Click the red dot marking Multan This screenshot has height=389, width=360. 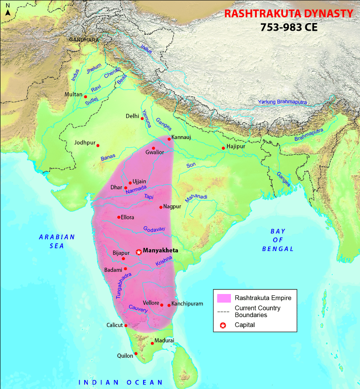(x=85, y=96)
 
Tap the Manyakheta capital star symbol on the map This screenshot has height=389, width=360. (x=139, y=252)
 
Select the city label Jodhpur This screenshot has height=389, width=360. (x=85, y=142)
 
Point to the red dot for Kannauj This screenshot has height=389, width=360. (x=169, y=138)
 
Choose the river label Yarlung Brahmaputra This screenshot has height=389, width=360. (x=282, y=102)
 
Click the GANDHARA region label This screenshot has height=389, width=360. (x=84, y=40)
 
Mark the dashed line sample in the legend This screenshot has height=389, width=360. (x=224, y=312)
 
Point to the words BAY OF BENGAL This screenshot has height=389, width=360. (x=278, y=240)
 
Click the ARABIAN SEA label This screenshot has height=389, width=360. (x=57, y=241)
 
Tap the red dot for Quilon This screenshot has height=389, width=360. (x=136, y=353)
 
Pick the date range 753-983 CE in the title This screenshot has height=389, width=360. (x=288, y=27)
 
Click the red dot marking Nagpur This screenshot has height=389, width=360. (x=161, y=207)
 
